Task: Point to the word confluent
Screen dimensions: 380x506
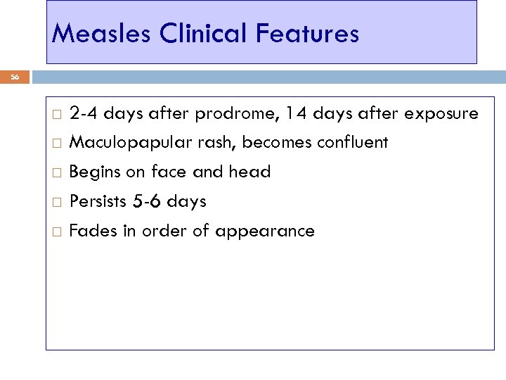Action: pyautogui.click(x=352, y=143)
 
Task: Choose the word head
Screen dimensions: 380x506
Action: pyautogui.click(x=250, y=172)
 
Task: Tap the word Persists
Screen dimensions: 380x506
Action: pyautogui.click(x=98, y=202)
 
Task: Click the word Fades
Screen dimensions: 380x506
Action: pyautogui.click(x=92, y=232)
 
